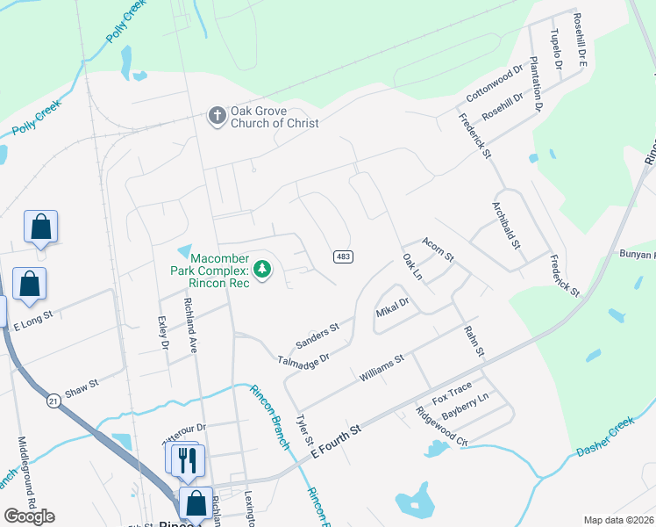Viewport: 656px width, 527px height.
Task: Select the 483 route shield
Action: tap(343, 256)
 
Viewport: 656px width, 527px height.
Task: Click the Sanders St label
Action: tap(317, 333)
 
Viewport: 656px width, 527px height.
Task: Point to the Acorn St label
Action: tap(438, 249)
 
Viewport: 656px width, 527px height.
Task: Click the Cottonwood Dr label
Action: tap(494, 83)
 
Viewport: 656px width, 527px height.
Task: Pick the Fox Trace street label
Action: tap(452, 389)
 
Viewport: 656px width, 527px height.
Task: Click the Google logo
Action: tap(30, 516)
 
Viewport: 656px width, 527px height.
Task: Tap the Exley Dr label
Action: tap(162, 333)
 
